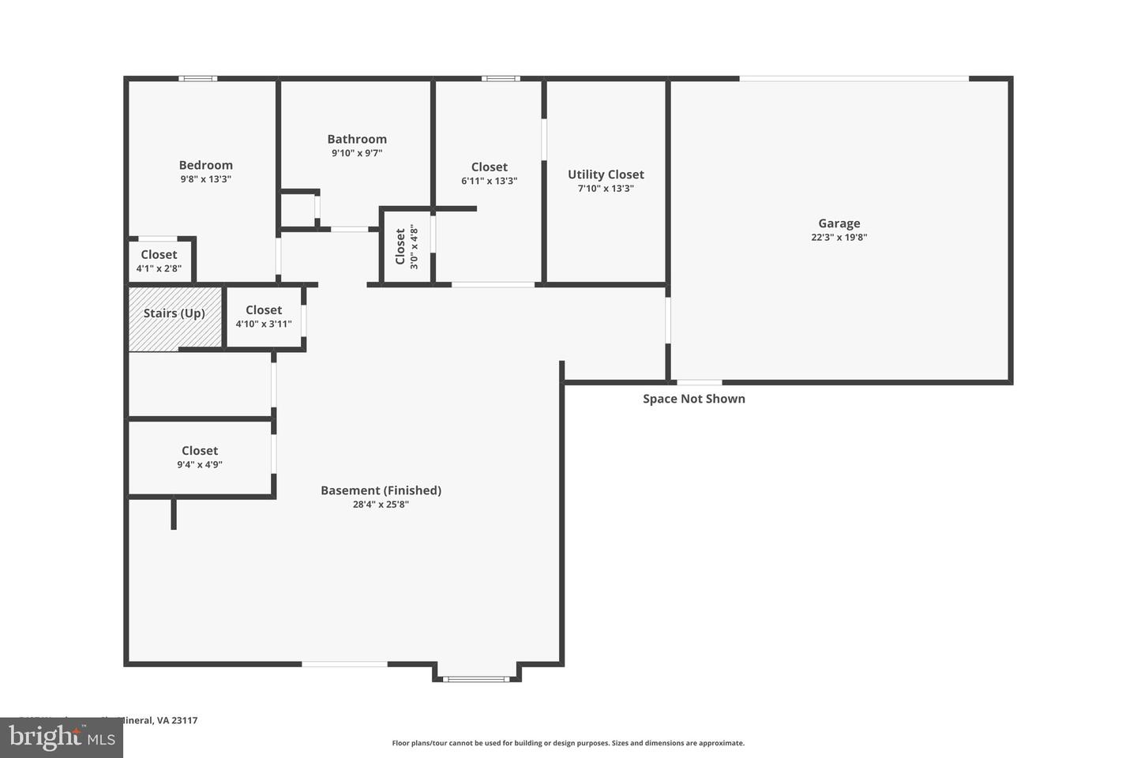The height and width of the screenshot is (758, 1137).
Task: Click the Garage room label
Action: pyautogui.click(x=839, y=223)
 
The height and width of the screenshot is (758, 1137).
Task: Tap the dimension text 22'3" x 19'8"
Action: pyautogui.click(x=839, y=237)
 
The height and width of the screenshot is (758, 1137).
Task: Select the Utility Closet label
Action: pyautogui.click(x=606, y=174)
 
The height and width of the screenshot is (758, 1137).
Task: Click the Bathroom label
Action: pyautogui.click(x=357, y=139)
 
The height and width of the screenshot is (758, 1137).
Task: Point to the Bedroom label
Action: pyautogui.click(x=205, y=165)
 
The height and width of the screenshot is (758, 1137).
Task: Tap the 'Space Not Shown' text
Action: pyautogui.click(x=693, y=399)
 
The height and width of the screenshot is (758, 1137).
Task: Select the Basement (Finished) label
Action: pyautogui.click(x=381, y=490)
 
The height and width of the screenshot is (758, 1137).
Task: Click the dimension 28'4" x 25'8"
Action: pyautogui.click(x=381, y=505)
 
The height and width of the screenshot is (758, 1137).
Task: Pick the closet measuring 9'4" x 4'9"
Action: pyautogui.click(x=200, y=457)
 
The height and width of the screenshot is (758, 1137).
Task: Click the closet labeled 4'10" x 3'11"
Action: pyautogui.click(x=264, y=317)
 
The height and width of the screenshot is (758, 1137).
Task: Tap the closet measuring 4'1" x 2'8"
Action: pyautogui.click(x=159, y=261)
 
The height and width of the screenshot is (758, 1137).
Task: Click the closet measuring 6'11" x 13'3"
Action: pyautogui.click(x=489, y=174)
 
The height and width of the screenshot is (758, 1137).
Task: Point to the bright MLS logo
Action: pyautogui.click(x=60, y=738)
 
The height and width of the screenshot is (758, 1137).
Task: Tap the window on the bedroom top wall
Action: pyautogui.click(x=197, y=78)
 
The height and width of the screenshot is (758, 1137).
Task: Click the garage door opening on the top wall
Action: pyautogui.click(x=854, y=78)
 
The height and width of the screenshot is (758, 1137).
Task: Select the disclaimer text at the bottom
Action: pyautogui.click(x=568, y=743)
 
